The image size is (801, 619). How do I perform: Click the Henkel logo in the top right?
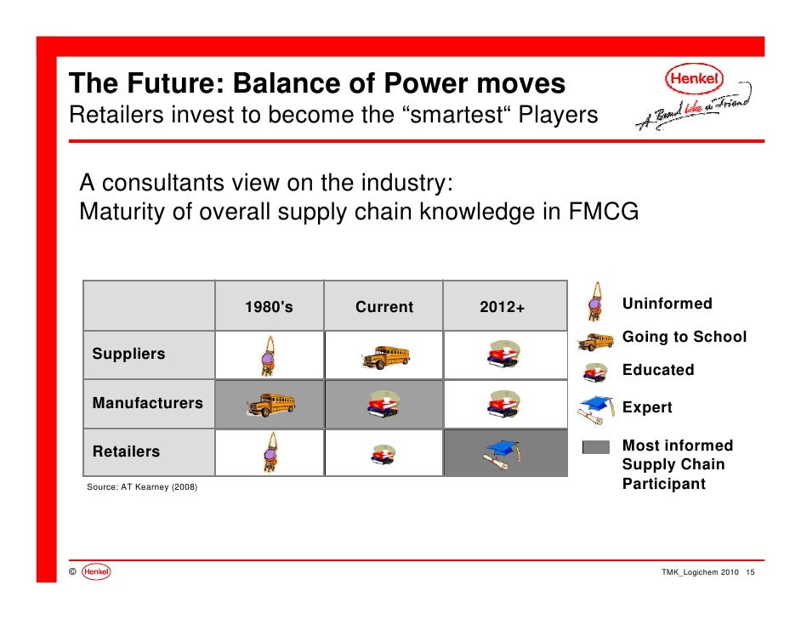click(x=694, y=79)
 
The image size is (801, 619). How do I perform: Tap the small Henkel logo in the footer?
click(x=96, y=571)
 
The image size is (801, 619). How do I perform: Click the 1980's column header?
click(x=269, y=306)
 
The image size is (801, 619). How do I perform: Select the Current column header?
click(x=384, y=306)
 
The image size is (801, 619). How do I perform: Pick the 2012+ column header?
click(x=502, y=306)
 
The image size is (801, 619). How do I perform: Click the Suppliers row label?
click(x=128, y=354)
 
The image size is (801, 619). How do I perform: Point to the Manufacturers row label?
click(x=148, y=403)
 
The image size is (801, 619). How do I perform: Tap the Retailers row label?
click(x=126, y=451)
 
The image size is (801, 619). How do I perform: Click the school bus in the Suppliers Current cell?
click(x=385, y=357)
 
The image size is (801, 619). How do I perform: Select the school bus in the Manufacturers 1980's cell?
click(x=270, y=405)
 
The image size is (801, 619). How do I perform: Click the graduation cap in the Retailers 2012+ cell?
click(x=503, y=454)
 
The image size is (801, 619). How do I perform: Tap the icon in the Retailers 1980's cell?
click(x=270, y=452)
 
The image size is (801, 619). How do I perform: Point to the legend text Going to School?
click(x=685, y=337)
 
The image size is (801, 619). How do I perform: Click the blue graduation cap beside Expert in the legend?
click(x=595, y=410)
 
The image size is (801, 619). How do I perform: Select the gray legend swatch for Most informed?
click(x=595, y=447)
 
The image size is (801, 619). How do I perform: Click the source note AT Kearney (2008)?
click(x=159, y=486)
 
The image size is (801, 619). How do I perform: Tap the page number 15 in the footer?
click(x=750, y=572)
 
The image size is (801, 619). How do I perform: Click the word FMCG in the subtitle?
click(x=604, y=212)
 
